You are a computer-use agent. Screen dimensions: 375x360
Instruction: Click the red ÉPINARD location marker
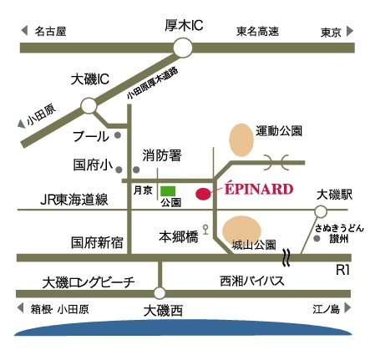[x=203, y=194]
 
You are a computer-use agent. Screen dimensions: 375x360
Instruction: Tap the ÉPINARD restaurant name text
[x=259, y=188]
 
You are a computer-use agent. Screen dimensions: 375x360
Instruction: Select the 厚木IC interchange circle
[x=183, y=48]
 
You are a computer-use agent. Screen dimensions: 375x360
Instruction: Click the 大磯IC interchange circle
[x=89, y=106]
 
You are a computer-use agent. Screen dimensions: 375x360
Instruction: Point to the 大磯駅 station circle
[x=321, y=211]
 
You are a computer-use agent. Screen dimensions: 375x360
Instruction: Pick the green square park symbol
[x=168, y=191]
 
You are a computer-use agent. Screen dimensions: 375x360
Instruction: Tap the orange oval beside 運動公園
[x=241, y=139]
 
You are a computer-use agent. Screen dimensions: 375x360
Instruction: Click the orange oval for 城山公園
[x=241, y=230]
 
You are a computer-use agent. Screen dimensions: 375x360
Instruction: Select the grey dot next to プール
[x=118, y=135]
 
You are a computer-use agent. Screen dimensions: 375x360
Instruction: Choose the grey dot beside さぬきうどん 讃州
[x=317, y=239]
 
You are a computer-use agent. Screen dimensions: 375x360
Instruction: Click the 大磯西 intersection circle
[x=160, y=293]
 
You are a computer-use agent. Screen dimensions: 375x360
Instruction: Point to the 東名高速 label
[x=257, y=31]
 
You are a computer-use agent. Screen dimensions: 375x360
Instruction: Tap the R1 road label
[x=342, y=270]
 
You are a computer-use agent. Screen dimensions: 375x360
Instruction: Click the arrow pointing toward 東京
[x=350, y=31]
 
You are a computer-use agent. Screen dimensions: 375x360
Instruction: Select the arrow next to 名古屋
[x=24, y=30]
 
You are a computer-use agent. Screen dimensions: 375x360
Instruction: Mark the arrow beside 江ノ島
[x=347, y=308]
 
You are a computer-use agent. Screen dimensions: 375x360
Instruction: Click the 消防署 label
[x=162, y=155]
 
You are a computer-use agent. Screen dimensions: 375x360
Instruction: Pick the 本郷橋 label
[x=179, y=237]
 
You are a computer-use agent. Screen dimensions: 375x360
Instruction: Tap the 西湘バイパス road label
[x=252, y=281]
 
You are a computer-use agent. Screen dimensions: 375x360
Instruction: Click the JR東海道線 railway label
[x=74, y=200]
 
